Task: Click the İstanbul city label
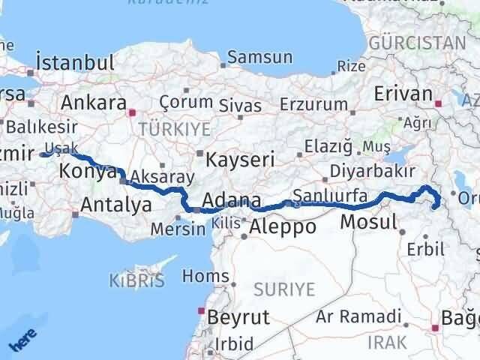[x=75, y=62]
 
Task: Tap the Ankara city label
[x=93, y=103]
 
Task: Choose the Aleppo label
[x=282, y=227]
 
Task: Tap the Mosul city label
[x=368, y=222]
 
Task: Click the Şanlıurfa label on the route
[x=331, y=196]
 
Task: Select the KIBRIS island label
[x=137, y=282]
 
